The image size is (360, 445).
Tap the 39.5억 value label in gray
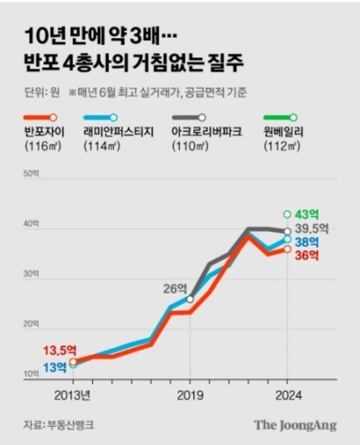pos(313,229)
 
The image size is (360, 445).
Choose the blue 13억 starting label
pos(54,367)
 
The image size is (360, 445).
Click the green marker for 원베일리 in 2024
pos(287,214)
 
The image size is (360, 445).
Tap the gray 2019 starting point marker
pos(190,299)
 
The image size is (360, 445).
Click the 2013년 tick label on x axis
pos(73,395)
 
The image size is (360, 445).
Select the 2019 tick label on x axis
pos(190,395)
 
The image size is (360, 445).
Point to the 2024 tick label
pos(287,395)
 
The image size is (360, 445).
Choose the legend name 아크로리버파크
pos(206,133)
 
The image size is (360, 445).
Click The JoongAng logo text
pos(295,425)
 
